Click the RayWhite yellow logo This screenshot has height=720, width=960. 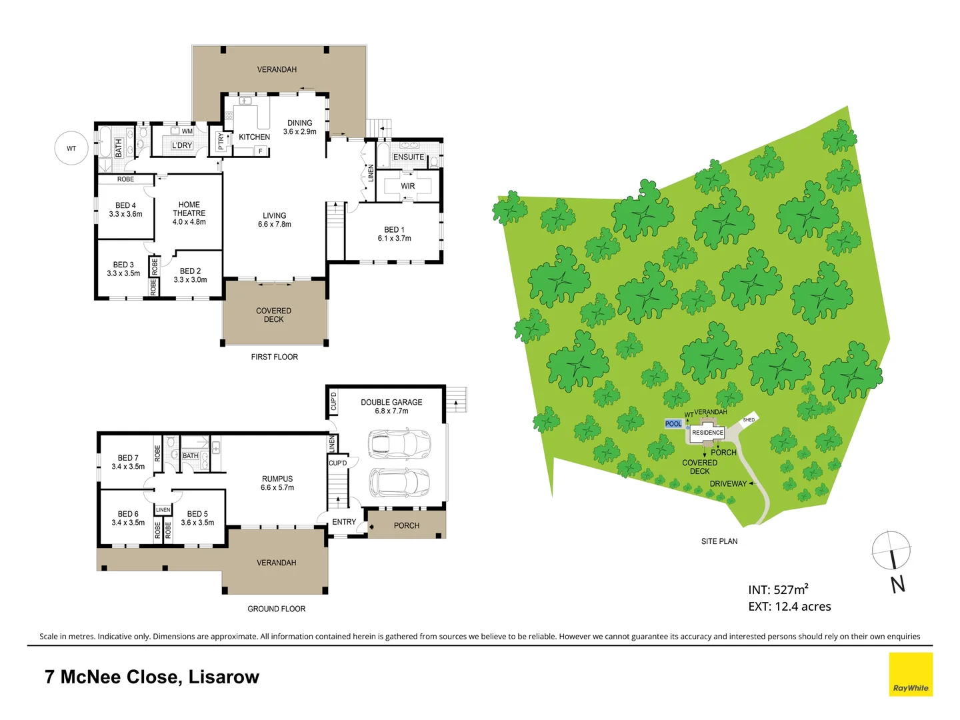[x=911, y=674]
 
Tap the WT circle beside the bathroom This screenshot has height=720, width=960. [x=71, y=149]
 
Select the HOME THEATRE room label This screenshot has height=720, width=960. [x=189, y=213]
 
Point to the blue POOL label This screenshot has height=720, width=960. [x=673, y=424]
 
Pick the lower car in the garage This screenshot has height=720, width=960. [x=399, y=482]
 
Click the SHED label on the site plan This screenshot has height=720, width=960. [x=749, y=420]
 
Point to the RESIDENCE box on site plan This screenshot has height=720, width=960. [x=707, y=433]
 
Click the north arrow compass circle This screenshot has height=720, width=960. [x=891, y=551]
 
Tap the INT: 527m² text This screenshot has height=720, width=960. [x=778, y=590]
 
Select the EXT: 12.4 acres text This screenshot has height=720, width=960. [x=789, y=607]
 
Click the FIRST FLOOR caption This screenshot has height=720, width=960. [x=274, y=357]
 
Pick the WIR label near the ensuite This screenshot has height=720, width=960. [x=408, y=186]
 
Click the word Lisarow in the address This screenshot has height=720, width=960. [x=223, y=677]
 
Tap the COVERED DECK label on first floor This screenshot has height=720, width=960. [x=273, y=315]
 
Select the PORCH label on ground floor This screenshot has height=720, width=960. [x=407, y=526]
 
